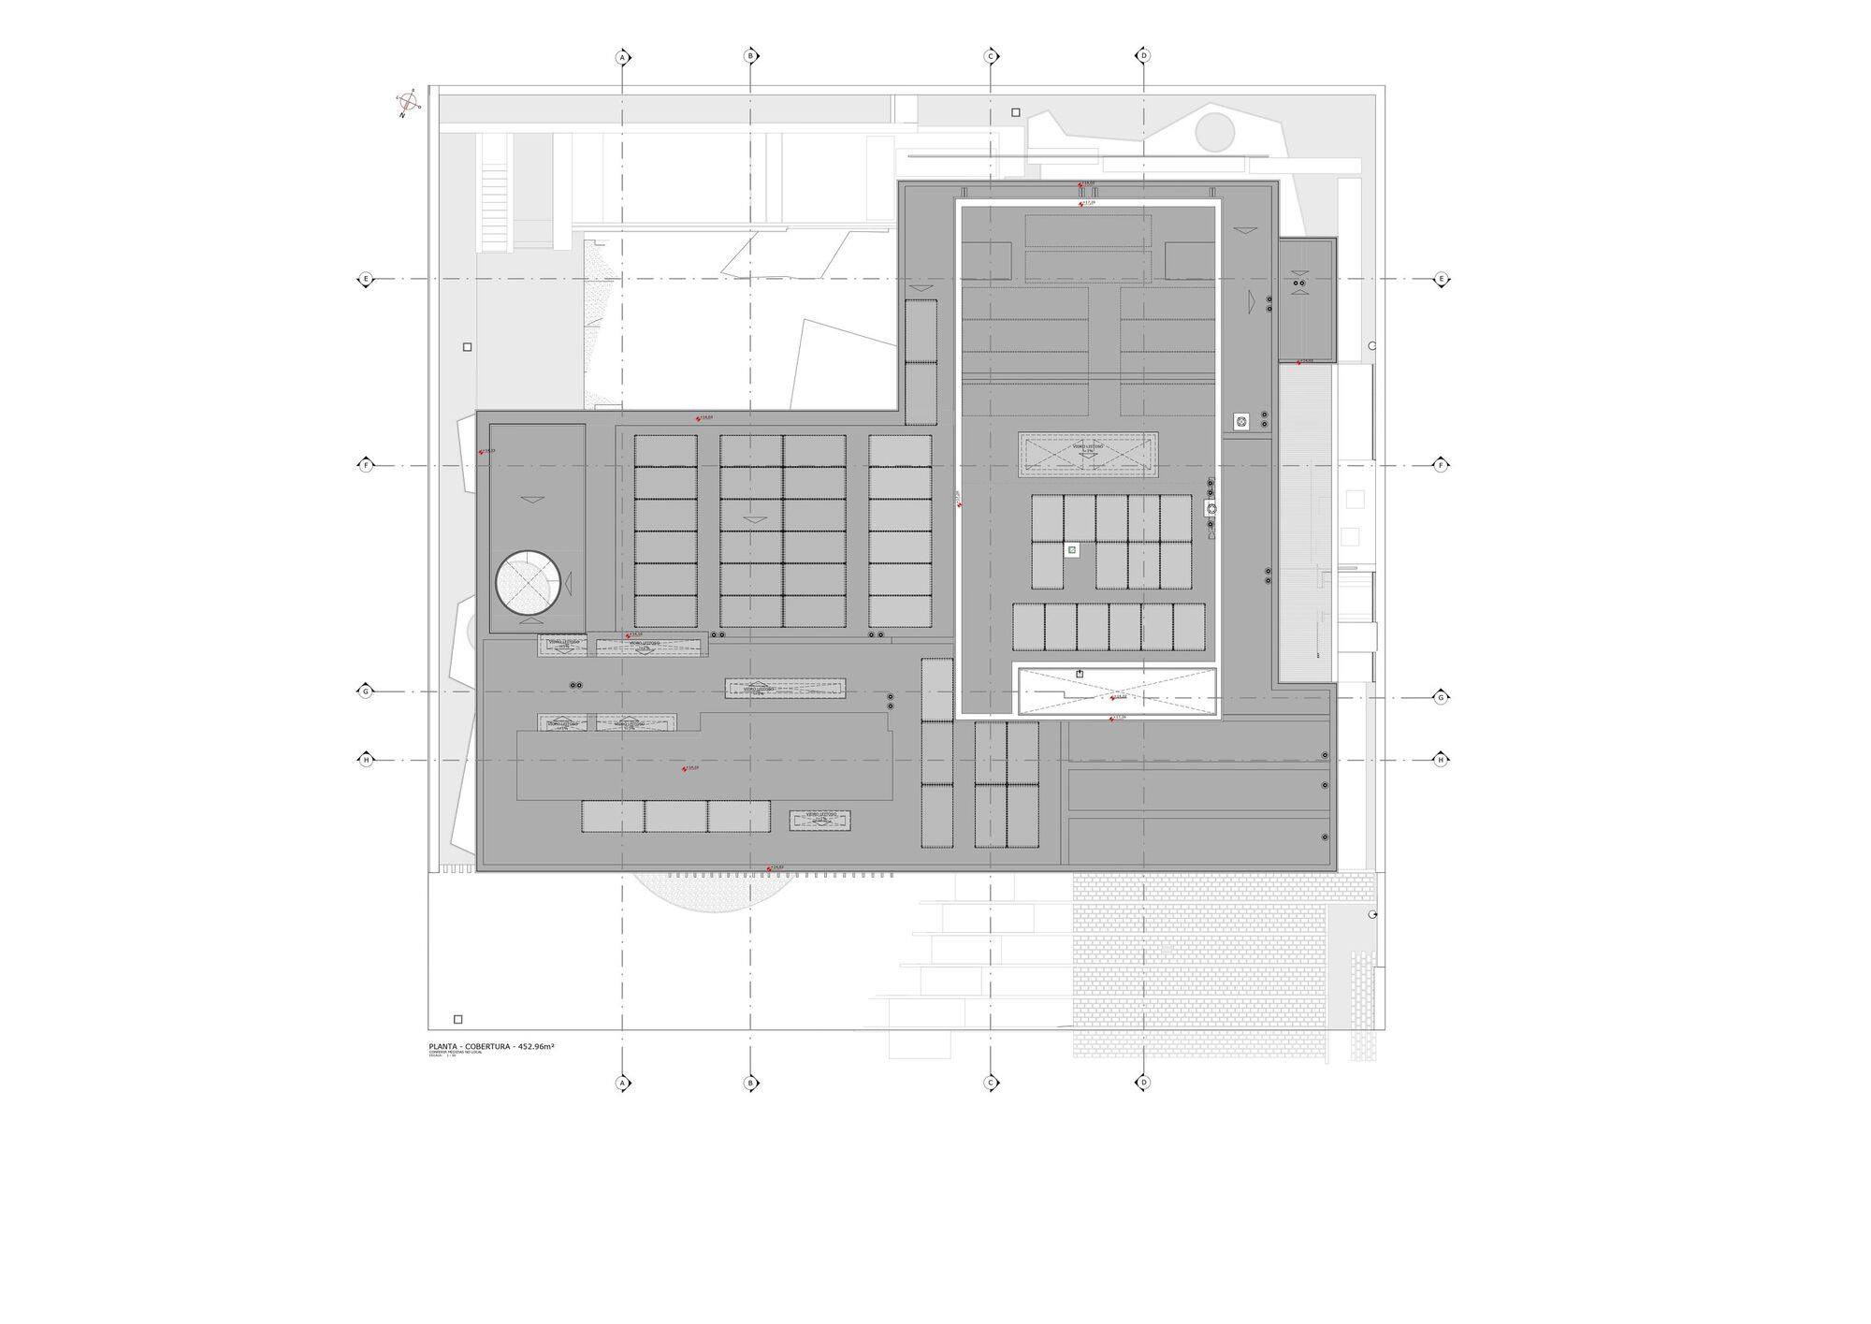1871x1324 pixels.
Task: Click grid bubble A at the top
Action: (622, 58)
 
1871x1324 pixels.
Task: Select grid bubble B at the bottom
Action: (749, 1084)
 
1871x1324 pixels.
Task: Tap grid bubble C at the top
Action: (991, 56)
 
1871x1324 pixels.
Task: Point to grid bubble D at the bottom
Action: (1142, 1083)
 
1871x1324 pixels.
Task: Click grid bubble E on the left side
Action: (366, 279)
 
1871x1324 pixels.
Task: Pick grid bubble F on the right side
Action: (1441, 465)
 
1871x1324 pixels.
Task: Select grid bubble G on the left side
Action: (366, 691)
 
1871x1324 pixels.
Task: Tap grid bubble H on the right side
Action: (1441, 760)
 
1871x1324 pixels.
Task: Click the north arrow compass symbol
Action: (408, 103)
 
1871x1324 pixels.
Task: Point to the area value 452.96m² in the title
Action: (536, 1046)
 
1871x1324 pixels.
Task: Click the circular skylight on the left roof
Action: (528, 583)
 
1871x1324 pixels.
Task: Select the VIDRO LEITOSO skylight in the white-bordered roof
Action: (1088, 454)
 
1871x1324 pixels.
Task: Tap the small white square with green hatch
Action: (1072, 550)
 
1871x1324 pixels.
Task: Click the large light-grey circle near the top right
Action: (1214, 132)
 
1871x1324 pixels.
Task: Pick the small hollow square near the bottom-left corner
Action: (457, 1019)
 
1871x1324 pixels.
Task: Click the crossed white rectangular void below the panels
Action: (1117, 691)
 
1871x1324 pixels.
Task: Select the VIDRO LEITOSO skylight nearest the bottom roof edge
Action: (819, 820)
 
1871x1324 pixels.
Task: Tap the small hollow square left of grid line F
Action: (467, 347)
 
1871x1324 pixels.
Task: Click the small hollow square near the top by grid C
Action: (1016, 112)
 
